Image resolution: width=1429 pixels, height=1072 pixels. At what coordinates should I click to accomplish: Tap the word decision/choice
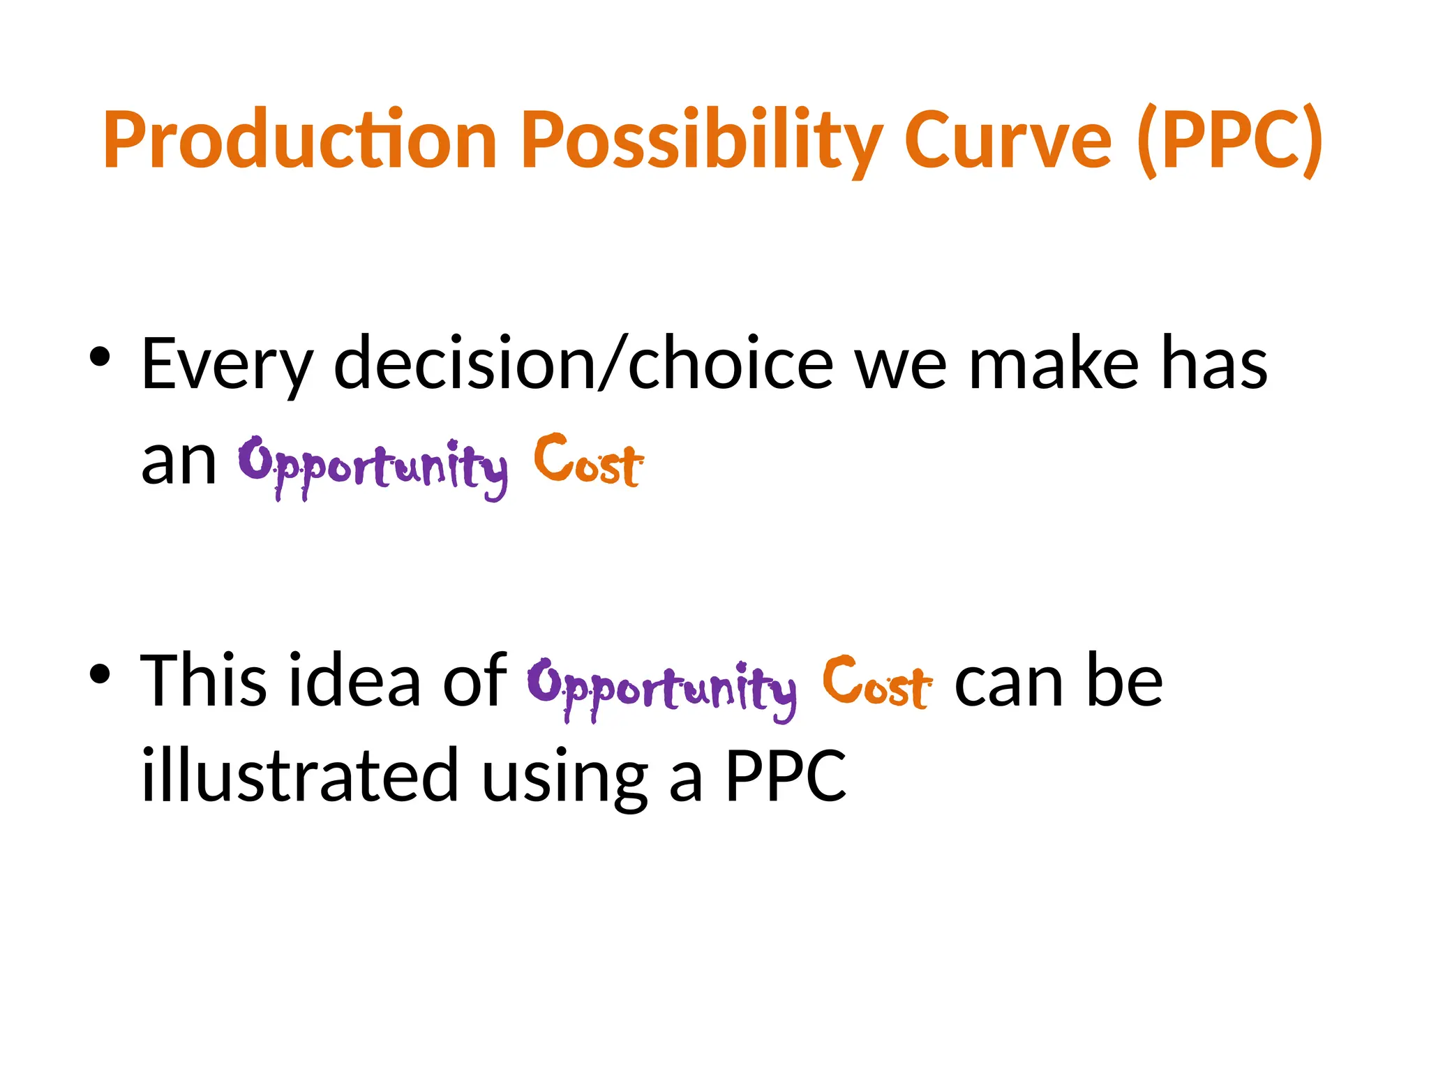(583, 363)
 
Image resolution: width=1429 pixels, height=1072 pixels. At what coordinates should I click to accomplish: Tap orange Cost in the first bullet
(588, 461)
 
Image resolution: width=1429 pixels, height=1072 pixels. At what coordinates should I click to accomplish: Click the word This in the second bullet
(203, 680)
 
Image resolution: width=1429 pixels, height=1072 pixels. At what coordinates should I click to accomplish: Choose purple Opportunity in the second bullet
(661, 687)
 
